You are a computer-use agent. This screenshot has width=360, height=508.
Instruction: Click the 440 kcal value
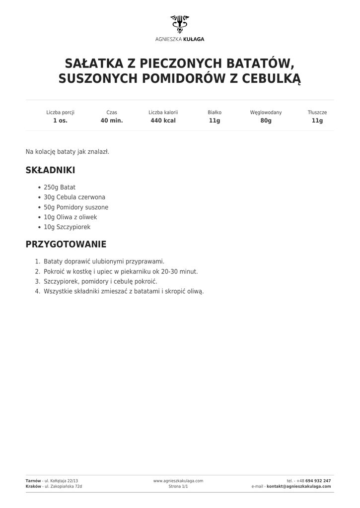coord(163,121)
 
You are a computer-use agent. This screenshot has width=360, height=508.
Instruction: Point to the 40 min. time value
coord(112,121)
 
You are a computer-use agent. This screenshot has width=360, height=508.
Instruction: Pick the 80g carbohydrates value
coord(266,121)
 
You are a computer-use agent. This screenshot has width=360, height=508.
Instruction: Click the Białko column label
coord(215,113)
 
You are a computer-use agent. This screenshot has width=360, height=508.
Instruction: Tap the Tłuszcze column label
coord(317,113)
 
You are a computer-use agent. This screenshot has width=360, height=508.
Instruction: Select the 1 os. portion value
coord(60,121)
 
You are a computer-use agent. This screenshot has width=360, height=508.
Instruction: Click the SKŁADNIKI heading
coord(50,170)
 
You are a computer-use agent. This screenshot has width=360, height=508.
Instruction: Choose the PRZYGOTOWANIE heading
coord(66,245)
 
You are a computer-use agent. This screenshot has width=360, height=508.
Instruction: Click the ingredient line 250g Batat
coord(60,188)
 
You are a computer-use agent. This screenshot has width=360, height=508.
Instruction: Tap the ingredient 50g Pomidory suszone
coord(76,207)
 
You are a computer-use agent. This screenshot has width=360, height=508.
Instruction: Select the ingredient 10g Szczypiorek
coord(67,227)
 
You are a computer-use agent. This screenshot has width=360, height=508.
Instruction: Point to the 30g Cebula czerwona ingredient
coord(74,197)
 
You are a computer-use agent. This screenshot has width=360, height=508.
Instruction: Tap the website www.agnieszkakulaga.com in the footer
coord(178,481)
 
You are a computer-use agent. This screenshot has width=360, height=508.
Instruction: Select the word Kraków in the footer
coord(33,487)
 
